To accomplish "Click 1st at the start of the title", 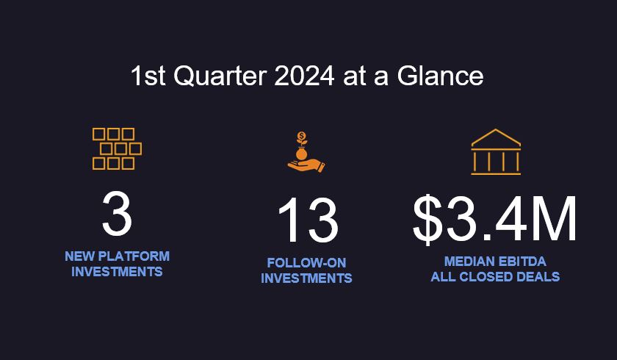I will (x=148, y=76).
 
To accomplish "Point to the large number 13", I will (x=307, y=221).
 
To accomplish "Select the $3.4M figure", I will (x=495, y=220).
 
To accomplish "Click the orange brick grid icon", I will (x=117, y=148).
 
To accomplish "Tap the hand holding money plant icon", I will (x=306, y=152).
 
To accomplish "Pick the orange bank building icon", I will (x=496, y=152).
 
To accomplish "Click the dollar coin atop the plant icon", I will (x=302, y=137).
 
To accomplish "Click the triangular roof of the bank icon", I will (x=496, y=138).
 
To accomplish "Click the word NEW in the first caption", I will (x=78, y=256).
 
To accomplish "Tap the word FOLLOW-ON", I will (x=306, y=263).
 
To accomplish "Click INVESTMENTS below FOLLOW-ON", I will (x=306, y=278).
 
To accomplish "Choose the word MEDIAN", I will (x=469, y=262).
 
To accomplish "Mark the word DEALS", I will (x=541, y=277).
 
